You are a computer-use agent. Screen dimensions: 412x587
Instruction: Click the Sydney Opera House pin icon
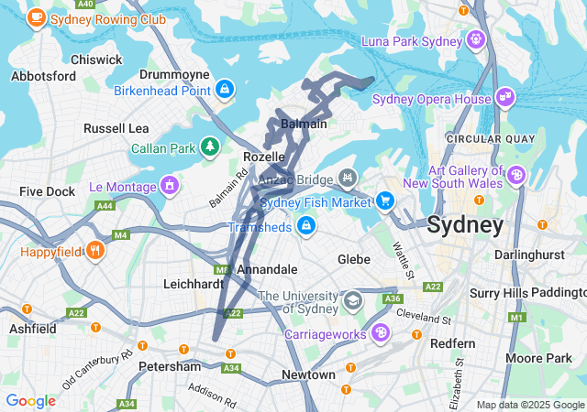(504, 97)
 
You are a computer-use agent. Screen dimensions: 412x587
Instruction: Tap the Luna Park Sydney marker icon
(475, 39)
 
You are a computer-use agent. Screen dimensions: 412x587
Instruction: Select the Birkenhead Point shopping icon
(225, 89)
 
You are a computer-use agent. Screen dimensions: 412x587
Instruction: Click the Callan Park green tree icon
(211, 146)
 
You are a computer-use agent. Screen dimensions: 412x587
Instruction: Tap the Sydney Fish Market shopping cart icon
(383, 201)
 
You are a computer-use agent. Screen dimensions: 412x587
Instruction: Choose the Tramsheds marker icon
(305, 224)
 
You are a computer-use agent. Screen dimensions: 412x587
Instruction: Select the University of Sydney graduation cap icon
(353, 299)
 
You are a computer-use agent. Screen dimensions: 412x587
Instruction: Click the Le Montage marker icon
(169, 186)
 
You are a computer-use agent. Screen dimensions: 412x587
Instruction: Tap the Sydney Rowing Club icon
(37, 16)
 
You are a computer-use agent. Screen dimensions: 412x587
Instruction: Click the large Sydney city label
(465, 224)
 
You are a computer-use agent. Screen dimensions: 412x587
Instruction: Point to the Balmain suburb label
(303, 123)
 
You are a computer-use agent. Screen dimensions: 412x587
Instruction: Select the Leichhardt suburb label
(194, 284)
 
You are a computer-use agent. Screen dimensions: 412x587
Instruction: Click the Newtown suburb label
(308, 375)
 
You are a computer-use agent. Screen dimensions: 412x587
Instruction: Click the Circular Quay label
(477, 138)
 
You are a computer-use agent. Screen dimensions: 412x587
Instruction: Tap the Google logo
(30, 400)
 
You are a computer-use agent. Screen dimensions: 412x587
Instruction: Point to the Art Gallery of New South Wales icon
(516, 174)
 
